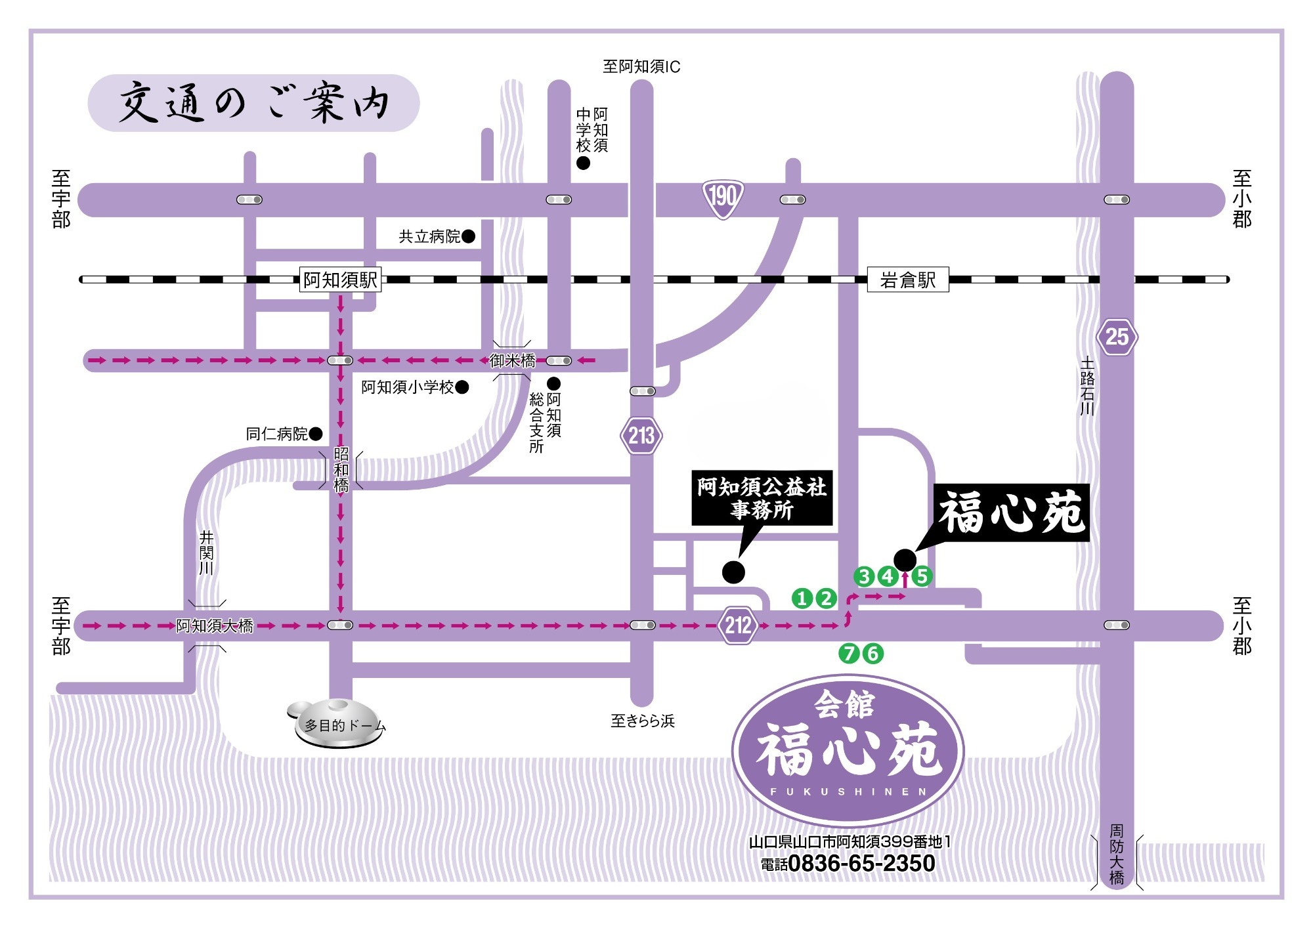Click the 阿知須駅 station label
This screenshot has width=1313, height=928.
pyautogui.click(x=340, y=280)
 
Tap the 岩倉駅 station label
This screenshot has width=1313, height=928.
pyautogui.click(x=908, y=280)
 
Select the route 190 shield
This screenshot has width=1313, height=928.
pyautogui.click(x=723, y=197)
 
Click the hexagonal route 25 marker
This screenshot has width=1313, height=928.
pyautogui.click(x=1117, y=337)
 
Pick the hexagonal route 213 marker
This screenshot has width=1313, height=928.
pyautogui.click(x=641, y=435)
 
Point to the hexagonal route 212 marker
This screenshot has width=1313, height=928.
pyautogui.click(x=738, y=625)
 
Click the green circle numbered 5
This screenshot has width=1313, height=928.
pyautogui.click(x=922, y=576)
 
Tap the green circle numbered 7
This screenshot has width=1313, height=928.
pyautogui.click(x=850, y=653)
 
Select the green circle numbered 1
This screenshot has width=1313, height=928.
pyautogui.click(x=802, y=598)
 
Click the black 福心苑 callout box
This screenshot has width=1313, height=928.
pyautogui.click(x=1012, y=513)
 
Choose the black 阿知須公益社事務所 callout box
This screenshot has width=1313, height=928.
pyautogui.click(x=762, y=497)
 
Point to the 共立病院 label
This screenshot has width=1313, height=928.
pyautogui.click(x=430, y=237)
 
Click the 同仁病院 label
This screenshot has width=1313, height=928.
pyautogui.click(x=276, y=434)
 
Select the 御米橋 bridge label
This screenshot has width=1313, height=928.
pyautogui.click(x=513, y=360)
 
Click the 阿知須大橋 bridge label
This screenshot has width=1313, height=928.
pyautogui.click(x=215, y=626)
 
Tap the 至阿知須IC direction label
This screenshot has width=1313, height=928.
pyautogui.click(x=641, y=67)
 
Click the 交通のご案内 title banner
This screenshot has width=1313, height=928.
pyautogui.click(x=253, y=104)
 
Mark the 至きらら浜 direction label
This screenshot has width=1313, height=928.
pyautogui.click(x=643, y=721)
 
